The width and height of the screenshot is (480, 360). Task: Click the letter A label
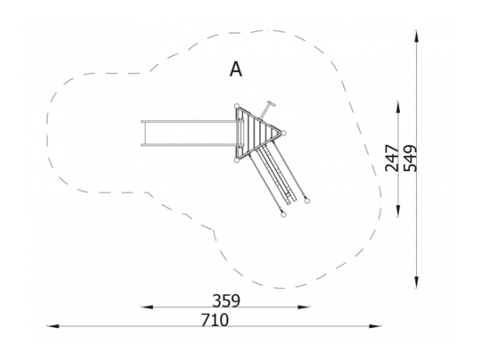[236, 69]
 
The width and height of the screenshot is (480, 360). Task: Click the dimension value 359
[226, 301]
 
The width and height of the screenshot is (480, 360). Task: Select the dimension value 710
[215, 320]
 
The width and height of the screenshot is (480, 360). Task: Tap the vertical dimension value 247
[392, 158]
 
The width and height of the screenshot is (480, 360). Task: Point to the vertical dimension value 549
[410, 158]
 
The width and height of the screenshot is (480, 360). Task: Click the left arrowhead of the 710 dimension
[53, 326]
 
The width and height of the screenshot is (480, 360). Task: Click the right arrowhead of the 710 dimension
[375, 326]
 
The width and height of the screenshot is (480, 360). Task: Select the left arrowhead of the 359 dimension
[147, 306]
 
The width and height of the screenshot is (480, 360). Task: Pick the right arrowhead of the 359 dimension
[304, 306]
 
